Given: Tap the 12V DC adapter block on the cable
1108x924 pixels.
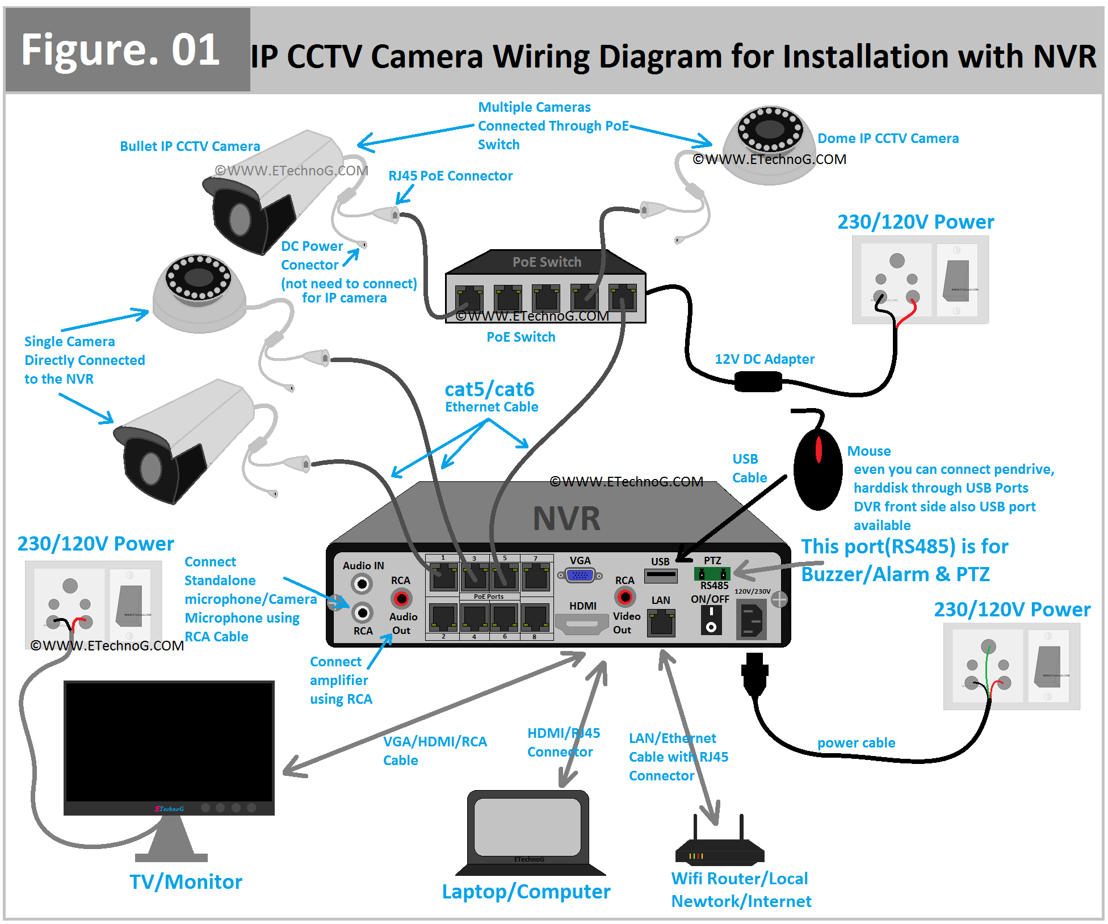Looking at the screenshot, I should click(x=758, y=381).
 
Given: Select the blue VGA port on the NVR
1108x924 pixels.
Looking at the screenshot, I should click(x=580, y=576).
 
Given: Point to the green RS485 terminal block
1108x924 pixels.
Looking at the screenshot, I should click(x=712, y=574).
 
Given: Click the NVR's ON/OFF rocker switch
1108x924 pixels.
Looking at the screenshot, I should click(x=711, y=620).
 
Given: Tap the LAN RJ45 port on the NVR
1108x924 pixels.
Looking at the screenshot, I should click(x=661, y=623).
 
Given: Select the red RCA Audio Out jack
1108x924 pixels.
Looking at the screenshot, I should click(x=401, y=598).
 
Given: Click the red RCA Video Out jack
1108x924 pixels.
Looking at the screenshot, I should click(x=625, y=597).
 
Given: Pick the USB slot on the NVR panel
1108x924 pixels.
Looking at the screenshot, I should click(x=661, y=576).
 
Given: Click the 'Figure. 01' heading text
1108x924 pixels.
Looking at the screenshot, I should click(x=121, y=50).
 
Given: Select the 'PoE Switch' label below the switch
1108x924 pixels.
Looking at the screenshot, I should click(x=521, y=337).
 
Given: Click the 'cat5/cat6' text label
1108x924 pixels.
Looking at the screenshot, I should click(x=489, y=389).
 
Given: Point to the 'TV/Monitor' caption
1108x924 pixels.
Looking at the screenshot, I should click(x=186, y=882).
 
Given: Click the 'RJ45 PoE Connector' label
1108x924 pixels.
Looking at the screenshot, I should click(x=450, y=176).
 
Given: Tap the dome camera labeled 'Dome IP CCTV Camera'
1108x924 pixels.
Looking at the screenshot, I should click(x=770, y=145).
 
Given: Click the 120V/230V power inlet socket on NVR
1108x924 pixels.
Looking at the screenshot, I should click(x=751, y=620).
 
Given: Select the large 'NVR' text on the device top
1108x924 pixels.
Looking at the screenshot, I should click(x=566, y=519).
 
